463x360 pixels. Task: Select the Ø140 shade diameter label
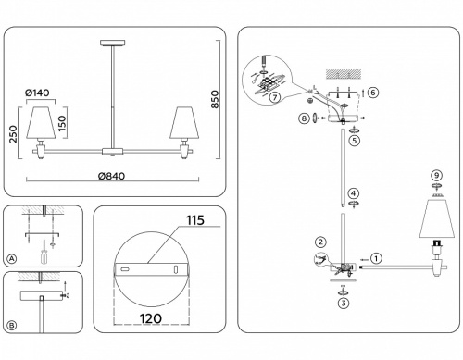36,93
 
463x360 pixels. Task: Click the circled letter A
11,258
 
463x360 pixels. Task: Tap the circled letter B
11,324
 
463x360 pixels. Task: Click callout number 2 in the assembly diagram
320,242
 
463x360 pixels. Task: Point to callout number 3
344,303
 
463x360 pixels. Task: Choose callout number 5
354,141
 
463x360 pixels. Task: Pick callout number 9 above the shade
436,177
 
